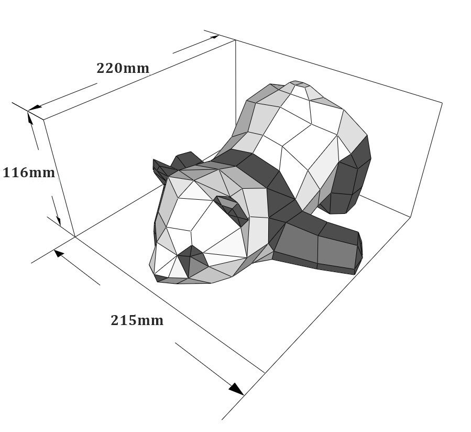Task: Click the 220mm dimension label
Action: (123, 68)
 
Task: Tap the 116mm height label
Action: (29, 173)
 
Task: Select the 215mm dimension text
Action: (137, 320)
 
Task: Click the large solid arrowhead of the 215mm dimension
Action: (236, 388)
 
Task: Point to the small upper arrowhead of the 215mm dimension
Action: (58, 253)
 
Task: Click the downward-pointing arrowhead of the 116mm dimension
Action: (59, 221)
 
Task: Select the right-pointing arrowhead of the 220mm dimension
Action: (214, 37)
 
